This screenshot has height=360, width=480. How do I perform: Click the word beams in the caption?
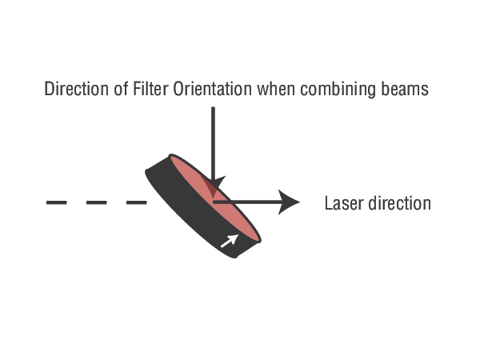pos(404,89)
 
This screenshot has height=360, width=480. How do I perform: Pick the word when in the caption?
pos(274,89)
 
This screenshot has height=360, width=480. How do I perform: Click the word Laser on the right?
pos(342,203)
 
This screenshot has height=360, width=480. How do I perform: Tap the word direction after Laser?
pos(396,203)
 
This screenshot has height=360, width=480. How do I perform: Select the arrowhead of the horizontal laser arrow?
pos(290,202)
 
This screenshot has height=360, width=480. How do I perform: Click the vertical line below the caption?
pos(213,136)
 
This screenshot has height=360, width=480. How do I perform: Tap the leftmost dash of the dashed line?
pos(56,202)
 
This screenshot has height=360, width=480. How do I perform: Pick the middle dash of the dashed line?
pos(97,202)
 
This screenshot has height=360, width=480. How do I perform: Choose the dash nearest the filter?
pos(137,202)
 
